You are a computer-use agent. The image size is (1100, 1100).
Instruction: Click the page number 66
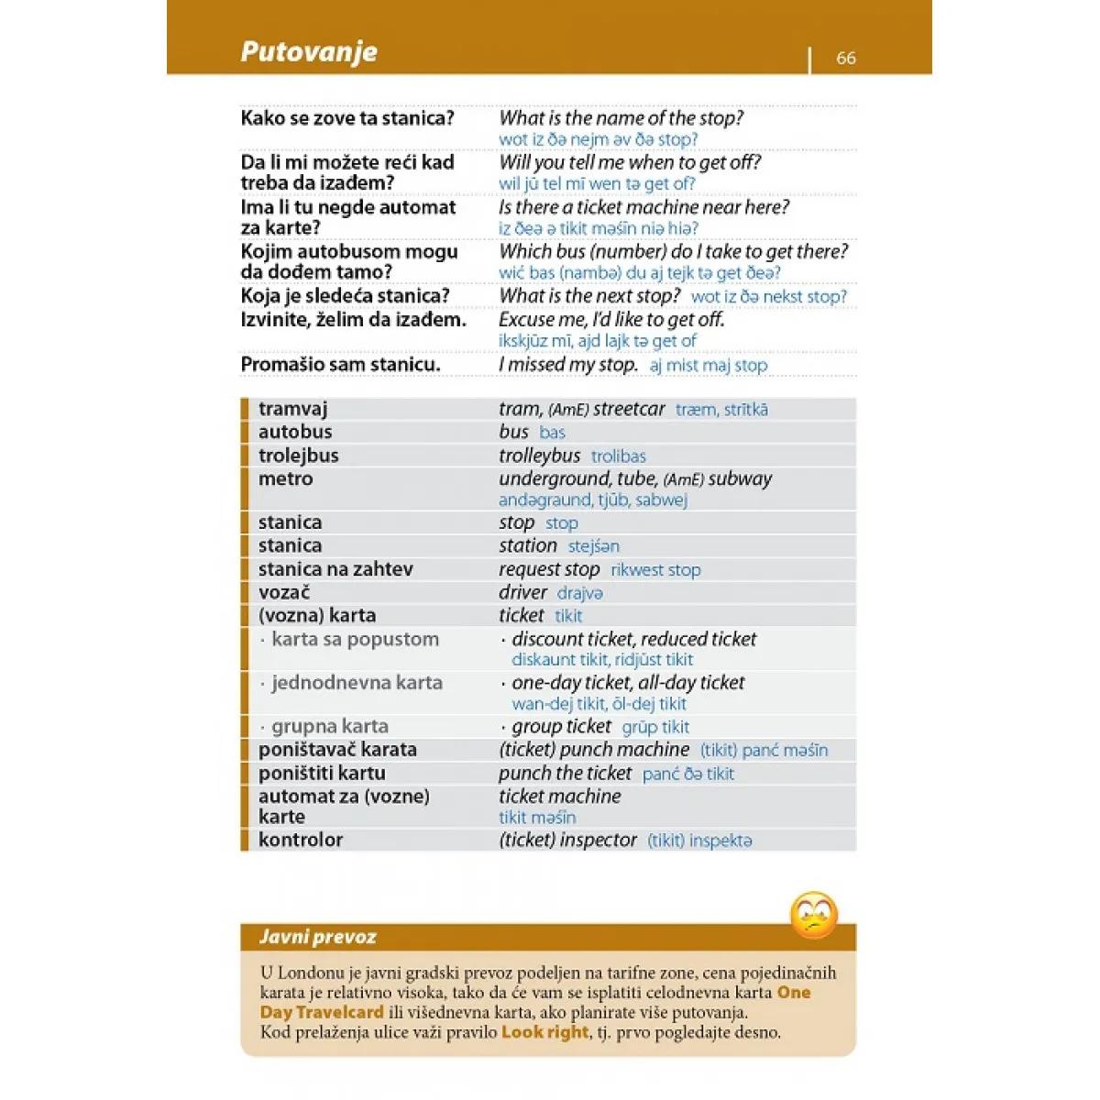(x=845, y=58)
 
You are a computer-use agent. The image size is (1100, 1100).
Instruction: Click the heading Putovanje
(x=309, y=51)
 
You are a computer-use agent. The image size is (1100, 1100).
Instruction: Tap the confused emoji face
(x=813, y=915)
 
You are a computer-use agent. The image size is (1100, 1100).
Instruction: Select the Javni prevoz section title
(x=317, y=937)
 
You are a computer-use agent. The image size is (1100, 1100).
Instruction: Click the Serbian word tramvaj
(x=292, y=409)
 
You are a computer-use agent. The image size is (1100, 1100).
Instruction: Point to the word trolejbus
(x=298, y=456)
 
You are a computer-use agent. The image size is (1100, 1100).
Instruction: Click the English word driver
(x=522, y=592)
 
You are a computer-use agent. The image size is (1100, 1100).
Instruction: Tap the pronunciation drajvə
(x=580, y=593)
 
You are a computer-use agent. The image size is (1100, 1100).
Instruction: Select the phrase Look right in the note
(x=544, y=1032)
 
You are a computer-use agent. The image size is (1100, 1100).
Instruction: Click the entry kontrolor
(x=301, y=840)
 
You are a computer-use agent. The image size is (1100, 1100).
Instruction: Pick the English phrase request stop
(x=549, y=569)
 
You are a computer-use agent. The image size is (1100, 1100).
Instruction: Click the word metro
(x=285, y=478)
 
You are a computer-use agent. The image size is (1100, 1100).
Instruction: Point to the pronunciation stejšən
(x=593, y=546)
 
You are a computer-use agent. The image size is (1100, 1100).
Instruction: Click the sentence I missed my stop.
(x=567, y=365)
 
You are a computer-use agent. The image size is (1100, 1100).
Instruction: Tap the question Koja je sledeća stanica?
(x=345, y=296)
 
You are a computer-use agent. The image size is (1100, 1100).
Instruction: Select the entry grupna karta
(x=329, y=727)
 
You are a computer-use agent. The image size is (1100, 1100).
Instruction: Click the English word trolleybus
(x=539, y=456)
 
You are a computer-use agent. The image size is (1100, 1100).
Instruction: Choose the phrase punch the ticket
(x=565, y=773)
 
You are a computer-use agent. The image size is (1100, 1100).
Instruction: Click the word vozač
(x=284, y=592)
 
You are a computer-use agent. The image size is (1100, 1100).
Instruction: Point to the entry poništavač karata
(x=337, y=750)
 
